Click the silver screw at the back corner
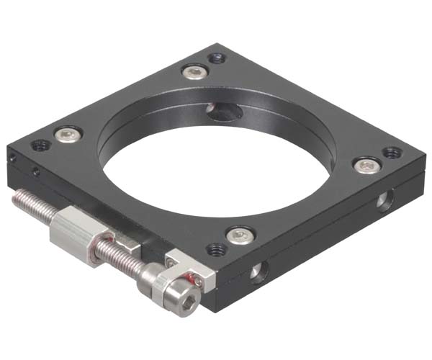193,71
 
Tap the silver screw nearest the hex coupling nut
68,134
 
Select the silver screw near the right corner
366,166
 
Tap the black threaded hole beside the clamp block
216,249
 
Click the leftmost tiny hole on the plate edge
12,158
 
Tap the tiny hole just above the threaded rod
35,171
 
